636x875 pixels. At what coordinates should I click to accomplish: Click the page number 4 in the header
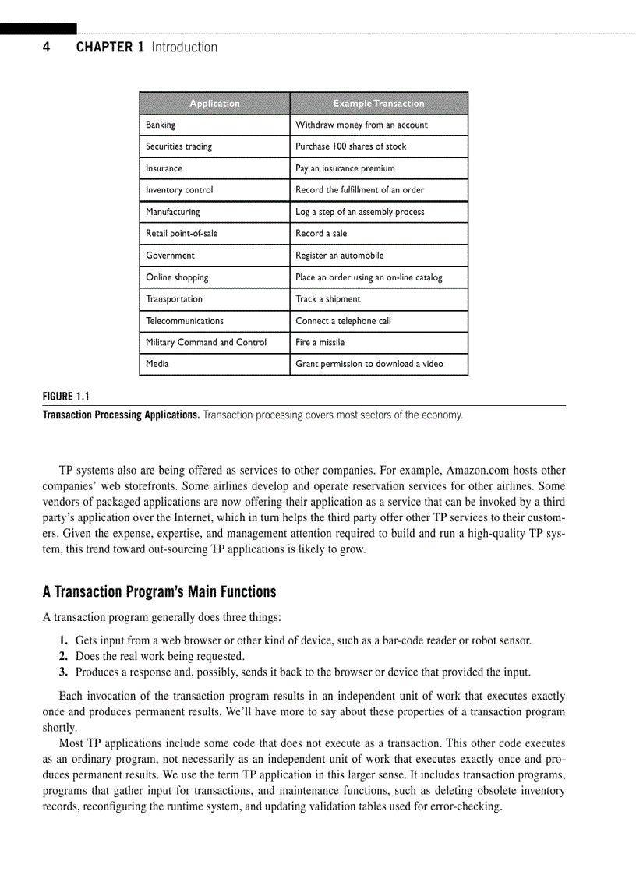pos(46,48)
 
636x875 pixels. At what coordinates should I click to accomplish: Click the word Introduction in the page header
pos(184,48)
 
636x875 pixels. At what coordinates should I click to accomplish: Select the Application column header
pos(214,104)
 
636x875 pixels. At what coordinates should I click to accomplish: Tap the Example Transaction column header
pos(379,104)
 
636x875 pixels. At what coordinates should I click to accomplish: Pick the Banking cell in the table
pos(161,125)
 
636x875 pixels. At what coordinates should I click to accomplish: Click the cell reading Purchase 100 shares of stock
pos(351,146)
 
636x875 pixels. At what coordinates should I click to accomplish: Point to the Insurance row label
pos(164,168)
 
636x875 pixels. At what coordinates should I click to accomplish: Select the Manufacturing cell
pos(172,212)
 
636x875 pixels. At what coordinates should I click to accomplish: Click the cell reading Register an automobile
pos(339,256)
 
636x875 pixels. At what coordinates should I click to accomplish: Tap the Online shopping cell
pos(177,277)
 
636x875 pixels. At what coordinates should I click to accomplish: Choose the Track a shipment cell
pos(327,299)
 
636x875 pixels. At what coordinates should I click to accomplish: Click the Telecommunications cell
pos(184,321)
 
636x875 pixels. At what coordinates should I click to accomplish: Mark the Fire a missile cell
pos(320,343)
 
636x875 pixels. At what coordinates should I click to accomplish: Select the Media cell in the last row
pos(157,364)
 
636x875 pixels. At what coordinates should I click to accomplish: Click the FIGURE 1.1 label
pos(66,396)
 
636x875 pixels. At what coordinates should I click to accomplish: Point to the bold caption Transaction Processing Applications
pos(121,415)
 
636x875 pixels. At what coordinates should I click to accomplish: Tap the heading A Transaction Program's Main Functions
pos(159,592)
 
